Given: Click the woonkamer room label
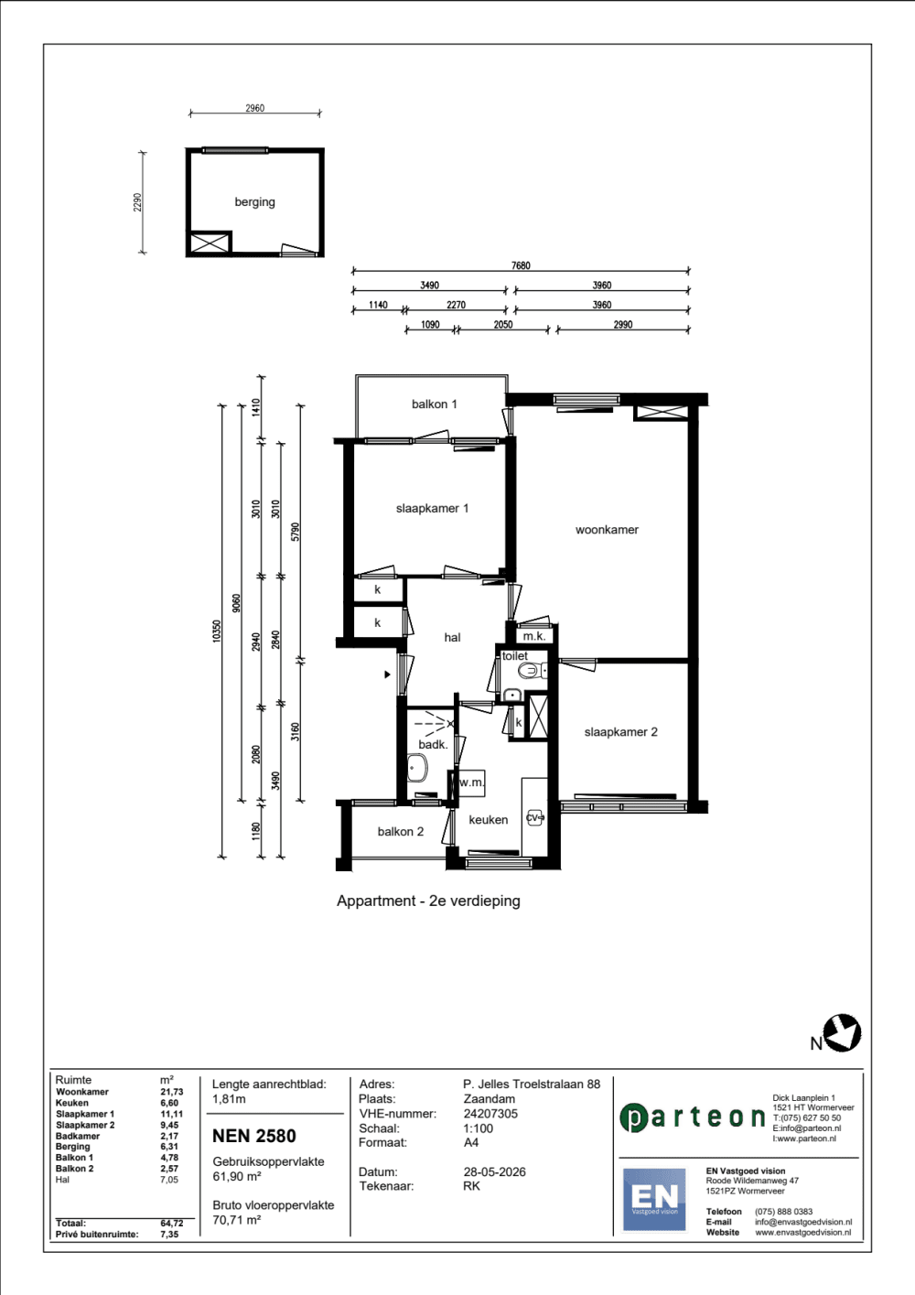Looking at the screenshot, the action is (x=607, y=530).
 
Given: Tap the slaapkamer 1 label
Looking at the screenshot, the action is (x=432, y=508).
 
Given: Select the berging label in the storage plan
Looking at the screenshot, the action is (x=254, y=201).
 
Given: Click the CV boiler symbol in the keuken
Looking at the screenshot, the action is (x=534, y=817).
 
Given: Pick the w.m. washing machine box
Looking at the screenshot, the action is (x=470, y=782).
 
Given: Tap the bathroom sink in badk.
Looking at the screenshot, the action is (x=416, y=768).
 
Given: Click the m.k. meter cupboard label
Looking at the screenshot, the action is (x=534, y=636).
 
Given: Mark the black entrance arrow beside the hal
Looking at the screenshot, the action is (x=387, y=674).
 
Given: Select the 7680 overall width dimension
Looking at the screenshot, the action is (x=521, y=266).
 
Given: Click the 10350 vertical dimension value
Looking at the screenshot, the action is (x=216, y=631).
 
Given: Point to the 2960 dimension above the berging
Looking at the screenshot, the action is (x=254, y=108).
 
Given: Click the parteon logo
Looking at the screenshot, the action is (x=693, y=1117).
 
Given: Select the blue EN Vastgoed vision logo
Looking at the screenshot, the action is (x=654, y=1200).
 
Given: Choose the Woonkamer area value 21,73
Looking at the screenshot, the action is (x=172, y=1092).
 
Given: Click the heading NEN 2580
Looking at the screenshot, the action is (x=254, y=1136).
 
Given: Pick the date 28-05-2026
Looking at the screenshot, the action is (x=495, y=1171).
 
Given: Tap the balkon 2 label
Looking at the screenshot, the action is (x=401, y=831).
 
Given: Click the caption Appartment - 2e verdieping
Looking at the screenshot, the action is (x=428, y=901).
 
